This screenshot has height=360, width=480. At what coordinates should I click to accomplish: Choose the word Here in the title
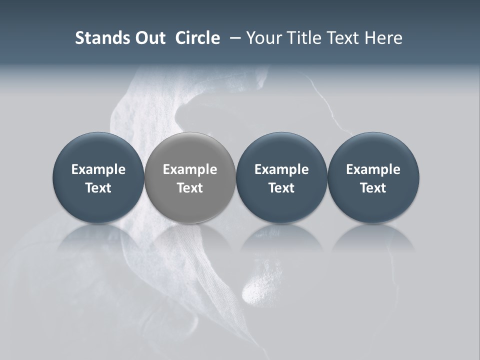pos(383,38)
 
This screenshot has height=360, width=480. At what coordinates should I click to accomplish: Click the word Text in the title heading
pos(343,38)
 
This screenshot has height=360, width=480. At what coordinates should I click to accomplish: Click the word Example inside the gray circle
pos(190,169)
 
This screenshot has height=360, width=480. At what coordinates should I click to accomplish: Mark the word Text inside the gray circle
pos(190,188)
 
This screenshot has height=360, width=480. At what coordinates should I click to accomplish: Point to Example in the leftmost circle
pos(98,169)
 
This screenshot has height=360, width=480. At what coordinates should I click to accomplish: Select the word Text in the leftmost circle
pos(98,188)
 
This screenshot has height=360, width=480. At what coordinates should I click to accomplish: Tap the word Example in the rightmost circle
pos(373,169)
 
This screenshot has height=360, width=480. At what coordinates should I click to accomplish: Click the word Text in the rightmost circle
pos(373,188)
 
